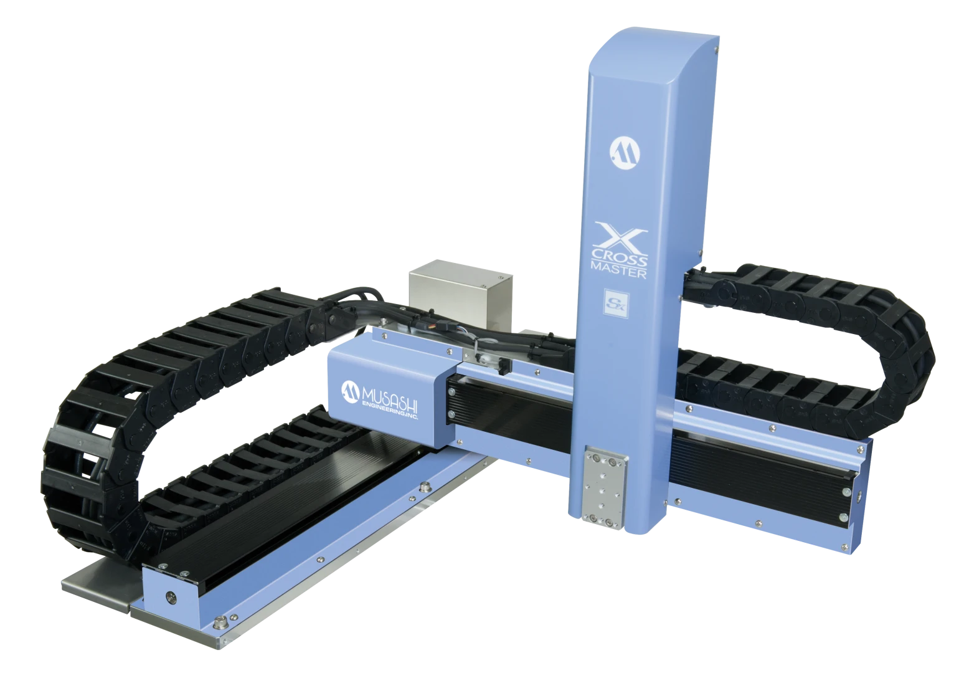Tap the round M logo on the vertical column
[x=625, y=153]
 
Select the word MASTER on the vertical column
[x=618, y=270]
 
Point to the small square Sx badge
[x=616, y=303]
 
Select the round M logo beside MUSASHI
[x=351, y=392]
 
